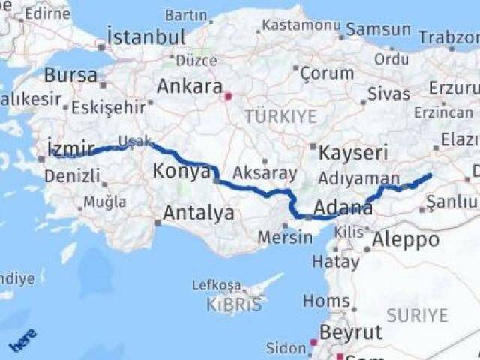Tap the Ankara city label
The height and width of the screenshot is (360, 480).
point(189,86)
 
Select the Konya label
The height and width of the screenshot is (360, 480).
point(181,172)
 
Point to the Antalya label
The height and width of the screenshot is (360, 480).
point(198,213)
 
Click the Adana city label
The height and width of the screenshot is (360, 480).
point(343,208)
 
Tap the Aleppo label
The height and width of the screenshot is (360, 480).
point(406,240)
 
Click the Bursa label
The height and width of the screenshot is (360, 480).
point(70,75)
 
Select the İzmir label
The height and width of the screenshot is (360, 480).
point(70,148)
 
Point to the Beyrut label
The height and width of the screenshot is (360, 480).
point(351,332)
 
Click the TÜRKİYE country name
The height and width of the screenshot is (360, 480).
point(280,117)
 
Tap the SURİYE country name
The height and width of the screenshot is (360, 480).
point(418,315)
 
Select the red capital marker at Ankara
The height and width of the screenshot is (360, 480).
point(229,96)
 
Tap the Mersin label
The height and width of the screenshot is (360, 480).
point(285,238)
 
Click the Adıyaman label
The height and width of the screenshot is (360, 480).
point(358,179)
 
